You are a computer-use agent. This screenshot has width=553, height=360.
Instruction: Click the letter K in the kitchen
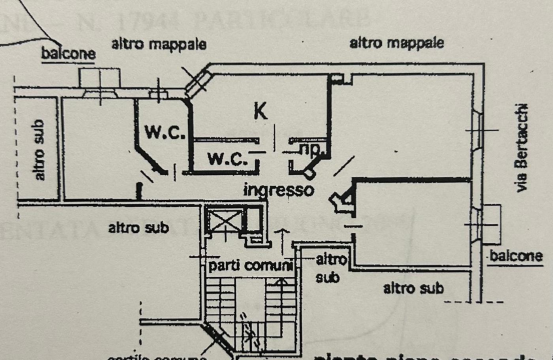(x=260, y=111)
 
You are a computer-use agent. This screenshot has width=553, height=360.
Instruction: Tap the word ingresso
(x=279, y=190)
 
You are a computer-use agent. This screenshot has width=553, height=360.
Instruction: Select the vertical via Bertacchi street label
(x=522, y=148)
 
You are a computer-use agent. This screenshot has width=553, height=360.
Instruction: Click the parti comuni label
(x=250, y=266)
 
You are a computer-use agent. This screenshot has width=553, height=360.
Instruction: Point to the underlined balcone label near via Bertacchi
(x=515, y=256)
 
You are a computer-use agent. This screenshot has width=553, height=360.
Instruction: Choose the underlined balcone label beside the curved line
(x=68, y=54)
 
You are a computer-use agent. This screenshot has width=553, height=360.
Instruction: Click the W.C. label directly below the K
(x=227, y=159)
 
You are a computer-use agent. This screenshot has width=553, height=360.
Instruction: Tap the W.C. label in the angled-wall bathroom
(x=165, y=132)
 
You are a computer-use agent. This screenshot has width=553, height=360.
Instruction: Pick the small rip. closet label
(x=312, y=148)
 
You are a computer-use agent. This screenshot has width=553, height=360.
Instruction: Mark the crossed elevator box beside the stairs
(x=224, y=221)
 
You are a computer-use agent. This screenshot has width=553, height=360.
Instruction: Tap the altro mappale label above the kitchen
(x=159, y=44)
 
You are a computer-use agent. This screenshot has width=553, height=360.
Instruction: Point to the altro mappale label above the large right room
(x=396, y=43)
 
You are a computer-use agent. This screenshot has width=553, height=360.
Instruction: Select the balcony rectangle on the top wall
(x=100, y=78)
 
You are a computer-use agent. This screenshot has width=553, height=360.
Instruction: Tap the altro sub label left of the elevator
(x=138, y=228)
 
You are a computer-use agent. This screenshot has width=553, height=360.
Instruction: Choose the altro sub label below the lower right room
(x=413, y=288)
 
